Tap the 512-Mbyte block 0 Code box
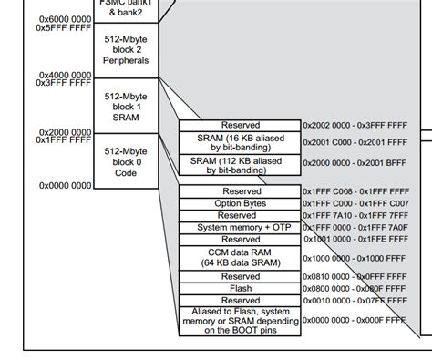click(x=126, y=162)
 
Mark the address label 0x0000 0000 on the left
click(x=65, y=185)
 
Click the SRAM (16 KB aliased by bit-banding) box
click(x=240, y=140)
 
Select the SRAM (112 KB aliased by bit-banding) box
click(x=240, y=164)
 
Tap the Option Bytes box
click(x=240, y=202)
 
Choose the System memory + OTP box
click(x=240, y=226)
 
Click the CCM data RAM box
click(x=240, y=257)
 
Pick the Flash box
click(x=240, y=288)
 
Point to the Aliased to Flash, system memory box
click(x=240, y=320)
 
